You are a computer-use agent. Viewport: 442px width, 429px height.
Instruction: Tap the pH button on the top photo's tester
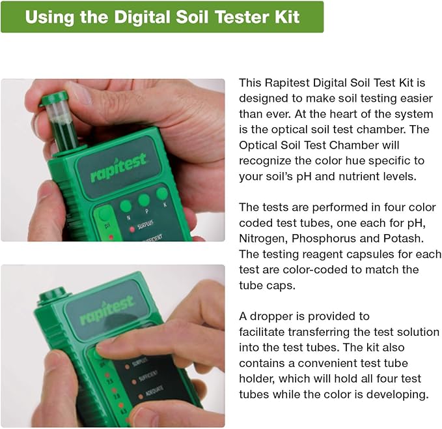tap(104, 218)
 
